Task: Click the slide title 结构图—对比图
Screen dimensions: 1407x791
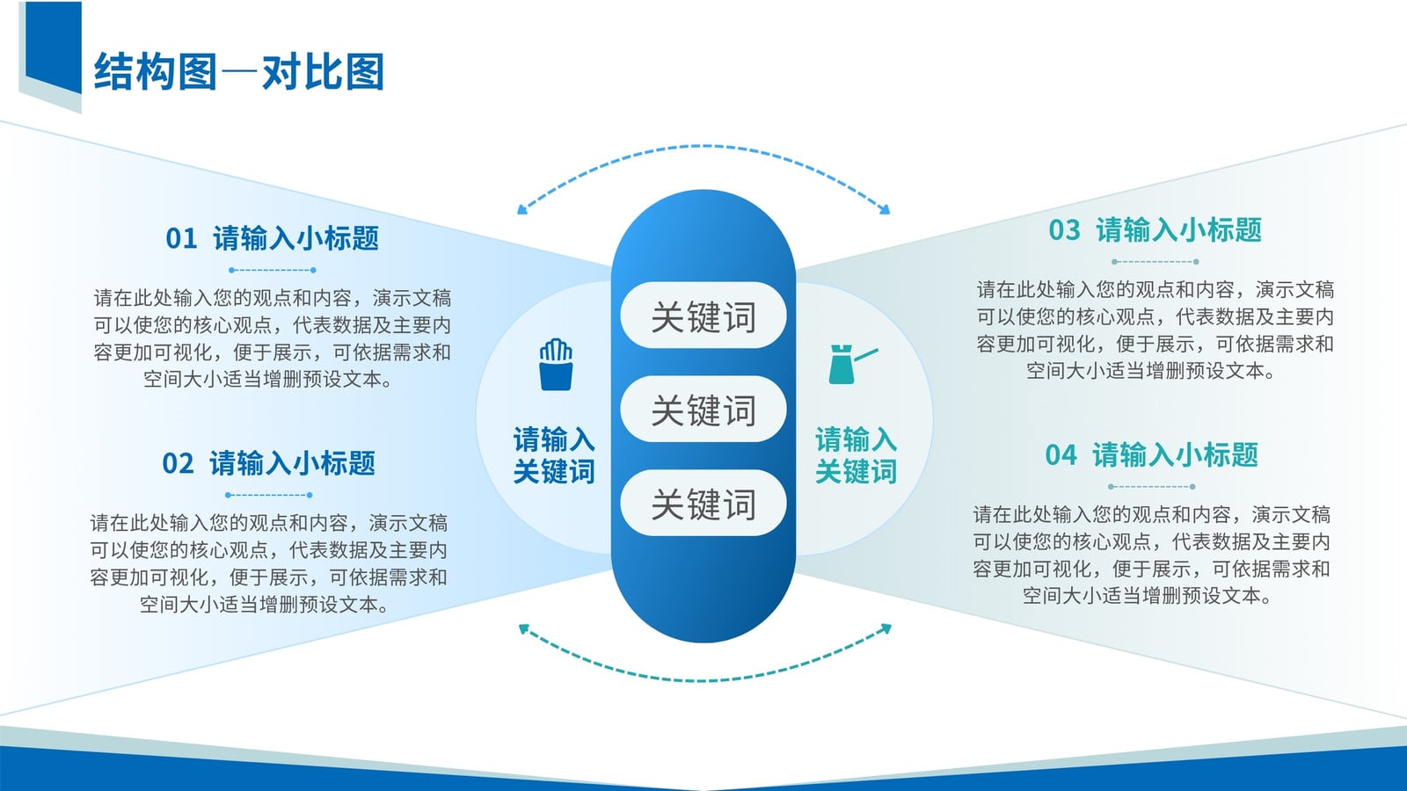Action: (238, 71)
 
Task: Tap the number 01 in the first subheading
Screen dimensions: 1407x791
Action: (181, 238)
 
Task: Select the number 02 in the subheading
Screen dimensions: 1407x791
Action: (178, 464)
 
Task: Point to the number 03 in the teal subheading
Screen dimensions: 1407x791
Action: (1064, 229)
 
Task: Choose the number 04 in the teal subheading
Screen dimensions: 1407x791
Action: (1061, 455)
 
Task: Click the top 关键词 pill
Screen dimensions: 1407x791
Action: (703, 316)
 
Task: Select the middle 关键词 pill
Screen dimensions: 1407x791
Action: (703, 409)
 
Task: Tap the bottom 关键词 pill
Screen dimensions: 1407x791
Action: (703, 503)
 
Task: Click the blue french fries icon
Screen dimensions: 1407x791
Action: (556, 365)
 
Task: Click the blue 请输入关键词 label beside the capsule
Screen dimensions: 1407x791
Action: (554, 455)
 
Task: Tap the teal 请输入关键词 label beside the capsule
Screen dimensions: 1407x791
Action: (857, 455)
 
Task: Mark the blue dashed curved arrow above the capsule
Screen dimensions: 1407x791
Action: (703, 147)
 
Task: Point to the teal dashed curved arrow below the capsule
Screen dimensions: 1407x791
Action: (703, 680)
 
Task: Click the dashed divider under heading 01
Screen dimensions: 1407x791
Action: (272, 270)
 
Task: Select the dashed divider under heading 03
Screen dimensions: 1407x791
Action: (1155, 261)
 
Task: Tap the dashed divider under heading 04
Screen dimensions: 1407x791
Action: (1151, 487)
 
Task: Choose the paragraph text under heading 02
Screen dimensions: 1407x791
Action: (268, 563)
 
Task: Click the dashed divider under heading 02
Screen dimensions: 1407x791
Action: (269, 495)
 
